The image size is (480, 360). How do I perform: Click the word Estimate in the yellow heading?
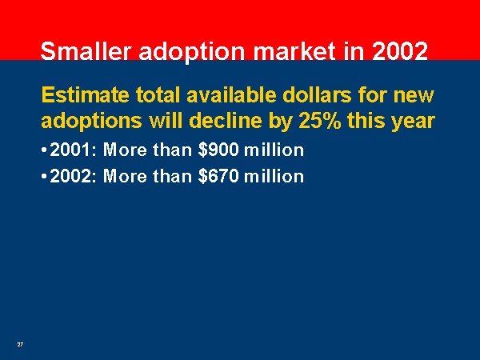point(85,95)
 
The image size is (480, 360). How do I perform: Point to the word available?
point(231,95)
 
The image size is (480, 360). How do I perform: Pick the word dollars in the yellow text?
point(317,95)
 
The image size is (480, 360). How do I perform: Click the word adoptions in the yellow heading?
point(91,122)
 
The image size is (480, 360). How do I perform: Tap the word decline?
point(227,121)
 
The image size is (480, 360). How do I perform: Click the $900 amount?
point(218,150)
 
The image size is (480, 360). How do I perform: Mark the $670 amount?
point(218,176)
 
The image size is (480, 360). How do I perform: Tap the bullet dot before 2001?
point(44,150)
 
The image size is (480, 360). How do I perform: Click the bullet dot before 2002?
point(44,177)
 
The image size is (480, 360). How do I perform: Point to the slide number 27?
point(20,344)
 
